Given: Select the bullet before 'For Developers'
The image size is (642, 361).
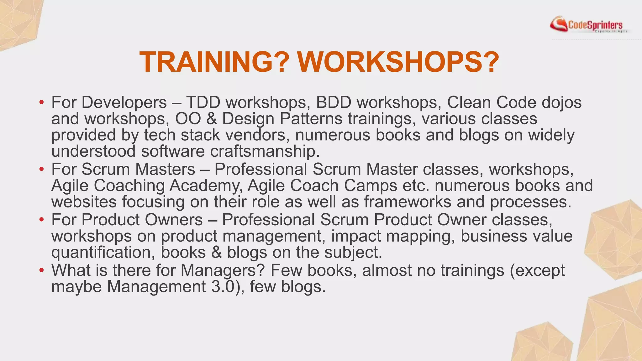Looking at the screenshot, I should [x=41, y=102].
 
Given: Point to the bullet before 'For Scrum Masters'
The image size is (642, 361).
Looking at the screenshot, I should [x=41, y=170].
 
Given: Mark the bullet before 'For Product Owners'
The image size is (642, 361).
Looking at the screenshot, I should [x=41, y=220].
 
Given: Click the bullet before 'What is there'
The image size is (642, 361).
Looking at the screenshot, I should [x=41, y=270].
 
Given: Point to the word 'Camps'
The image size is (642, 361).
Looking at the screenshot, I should [x=371, y=186].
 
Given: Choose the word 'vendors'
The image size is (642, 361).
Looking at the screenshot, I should [x=257, y=135].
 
